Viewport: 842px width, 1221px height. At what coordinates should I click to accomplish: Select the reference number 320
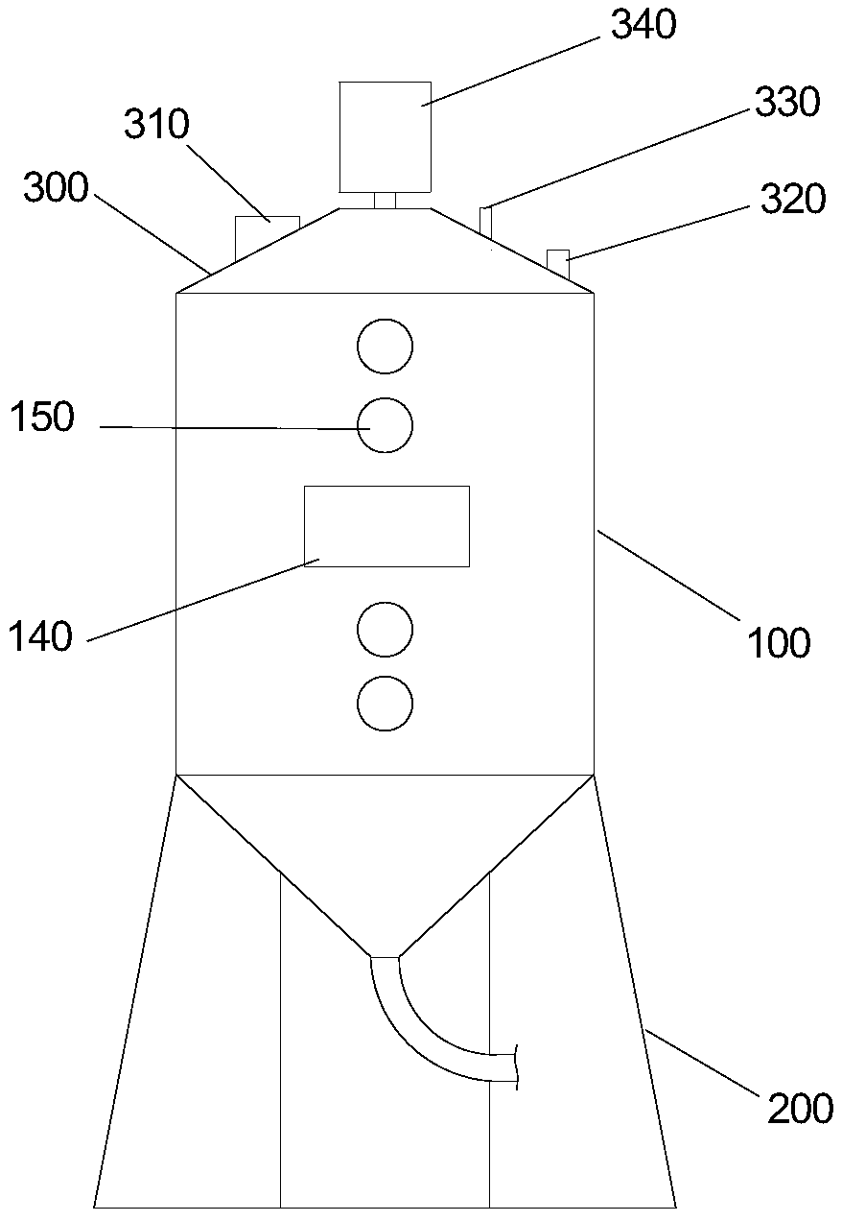tap(792, 201)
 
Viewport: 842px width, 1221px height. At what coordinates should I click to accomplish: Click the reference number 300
tap(56, 188)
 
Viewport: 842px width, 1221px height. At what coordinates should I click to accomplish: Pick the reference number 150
tap(41, 419)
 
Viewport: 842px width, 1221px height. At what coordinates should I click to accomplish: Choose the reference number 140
tap(41, 635)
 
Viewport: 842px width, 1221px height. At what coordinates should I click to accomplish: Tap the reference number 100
tap(780, 642)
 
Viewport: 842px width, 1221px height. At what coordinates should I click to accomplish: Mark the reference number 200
tap(800, 1108)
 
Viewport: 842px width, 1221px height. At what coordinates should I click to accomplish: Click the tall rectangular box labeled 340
tap(384, 136)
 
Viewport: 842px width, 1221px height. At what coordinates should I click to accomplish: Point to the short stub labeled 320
tap(557, 261)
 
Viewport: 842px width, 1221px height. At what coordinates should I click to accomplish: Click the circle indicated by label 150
tap(385, 424)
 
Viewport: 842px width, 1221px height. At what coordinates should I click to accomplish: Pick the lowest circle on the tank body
tap(385, 706)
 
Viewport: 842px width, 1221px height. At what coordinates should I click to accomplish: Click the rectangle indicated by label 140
tap(386, 526)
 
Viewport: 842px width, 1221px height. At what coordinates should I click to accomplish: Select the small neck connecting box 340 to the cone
tap(385, 201)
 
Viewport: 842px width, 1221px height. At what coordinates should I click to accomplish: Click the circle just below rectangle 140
tap(385, 630)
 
